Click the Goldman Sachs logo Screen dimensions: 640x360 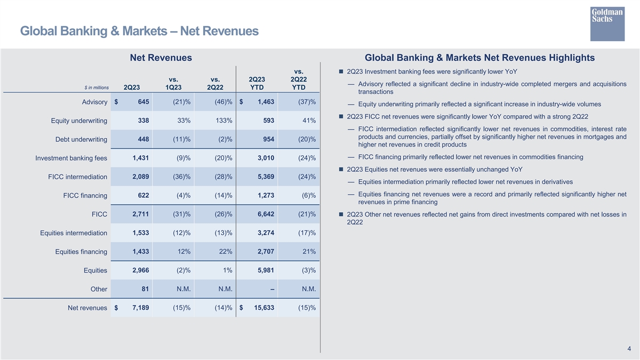[607, 24]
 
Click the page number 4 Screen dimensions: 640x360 [629, 349]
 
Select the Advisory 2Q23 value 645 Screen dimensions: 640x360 [143, 102]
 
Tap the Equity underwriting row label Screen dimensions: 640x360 [79, 121]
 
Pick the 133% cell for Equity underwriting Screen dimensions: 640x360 [224, 121]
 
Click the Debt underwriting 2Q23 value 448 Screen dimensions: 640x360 [143, 139]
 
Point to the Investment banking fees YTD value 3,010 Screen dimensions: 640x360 [266, 158]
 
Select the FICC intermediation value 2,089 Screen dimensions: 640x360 [141, 177]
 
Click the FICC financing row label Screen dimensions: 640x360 [85, 195]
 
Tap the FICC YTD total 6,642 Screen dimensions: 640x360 [266, 214]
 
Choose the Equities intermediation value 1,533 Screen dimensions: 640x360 [141, 233]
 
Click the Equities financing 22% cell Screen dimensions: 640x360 [226, 251]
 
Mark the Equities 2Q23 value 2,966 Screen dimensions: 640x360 [141, 270]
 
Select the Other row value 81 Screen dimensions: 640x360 [145, 289]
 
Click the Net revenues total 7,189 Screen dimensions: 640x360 [141, 308]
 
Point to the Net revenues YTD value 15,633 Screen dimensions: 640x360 [264, 308]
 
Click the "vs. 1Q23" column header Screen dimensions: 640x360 [173, 83]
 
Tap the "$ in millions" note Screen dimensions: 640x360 [97, 87]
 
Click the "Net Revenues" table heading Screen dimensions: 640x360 [161, 58]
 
